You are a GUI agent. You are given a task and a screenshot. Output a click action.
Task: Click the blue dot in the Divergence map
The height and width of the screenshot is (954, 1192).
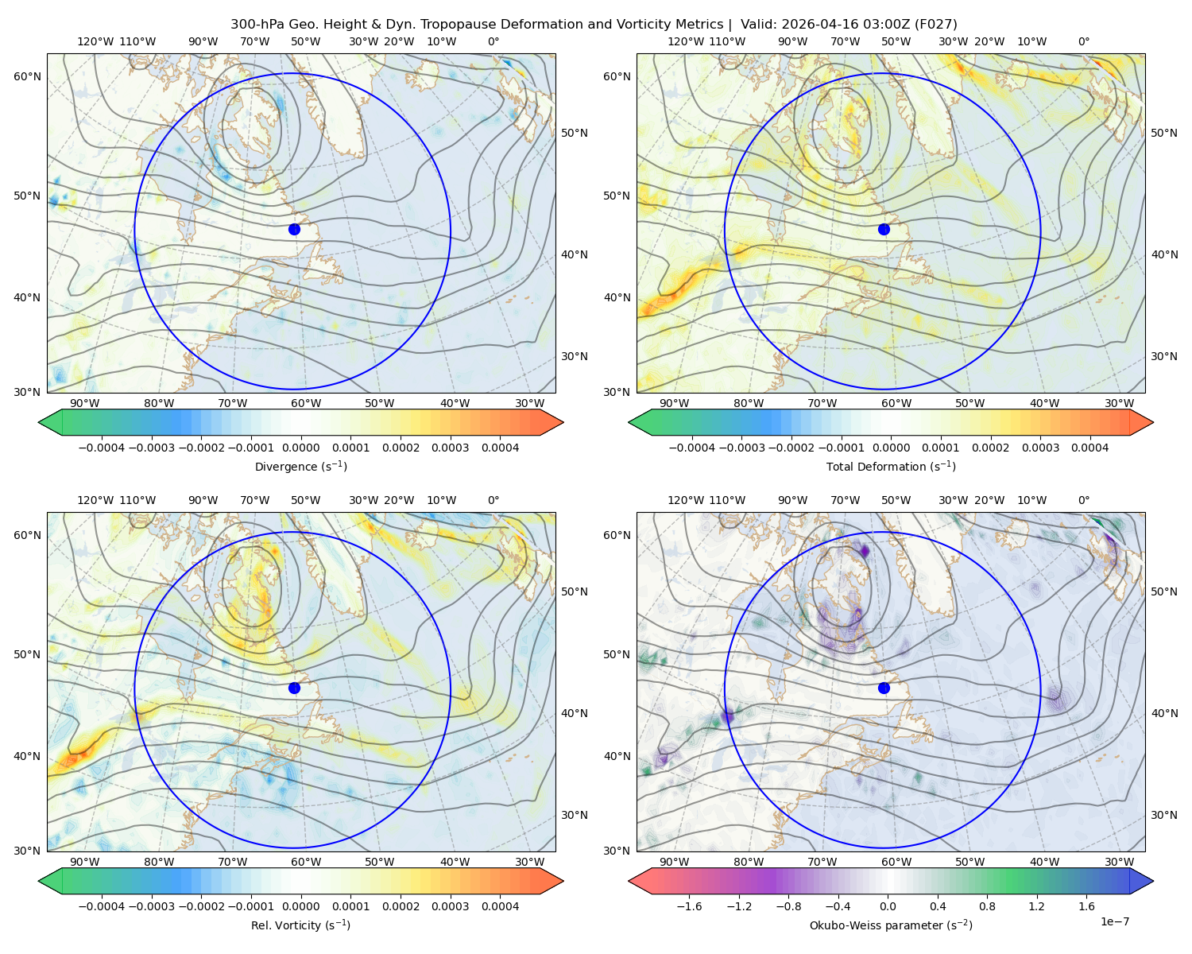click(294, 230)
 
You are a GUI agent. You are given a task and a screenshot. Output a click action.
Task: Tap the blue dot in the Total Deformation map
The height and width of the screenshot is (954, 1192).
click(884, 230)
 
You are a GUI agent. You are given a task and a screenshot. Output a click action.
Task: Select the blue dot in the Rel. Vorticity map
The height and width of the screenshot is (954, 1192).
click(294, 688)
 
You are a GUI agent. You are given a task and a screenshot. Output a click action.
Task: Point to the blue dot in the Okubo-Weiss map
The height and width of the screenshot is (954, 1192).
click(884, 688)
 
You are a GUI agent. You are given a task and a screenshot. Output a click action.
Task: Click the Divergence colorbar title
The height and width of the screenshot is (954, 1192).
click(300, 467)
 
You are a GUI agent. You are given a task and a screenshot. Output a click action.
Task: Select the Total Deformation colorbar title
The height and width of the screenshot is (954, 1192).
click(891, 467)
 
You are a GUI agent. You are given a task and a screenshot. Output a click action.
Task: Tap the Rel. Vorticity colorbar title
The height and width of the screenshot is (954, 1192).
click(300, 925)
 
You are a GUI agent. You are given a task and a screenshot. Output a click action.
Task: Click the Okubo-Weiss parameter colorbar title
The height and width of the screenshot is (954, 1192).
click(891, 925)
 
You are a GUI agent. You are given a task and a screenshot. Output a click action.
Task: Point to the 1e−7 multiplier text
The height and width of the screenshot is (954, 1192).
click(1114, 922)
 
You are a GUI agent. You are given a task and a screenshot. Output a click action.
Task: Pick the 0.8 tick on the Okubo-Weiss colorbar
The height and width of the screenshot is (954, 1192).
click(987, 906)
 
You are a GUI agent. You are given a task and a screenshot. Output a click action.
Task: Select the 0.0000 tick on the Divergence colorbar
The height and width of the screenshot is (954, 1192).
click(300, 448)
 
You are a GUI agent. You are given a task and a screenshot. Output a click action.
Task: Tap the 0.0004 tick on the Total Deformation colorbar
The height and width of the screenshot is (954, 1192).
click(1090, 448)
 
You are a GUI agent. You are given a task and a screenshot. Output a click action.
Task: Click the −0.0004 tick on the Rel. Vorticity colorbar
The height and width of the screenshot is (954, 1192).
click(102, 906)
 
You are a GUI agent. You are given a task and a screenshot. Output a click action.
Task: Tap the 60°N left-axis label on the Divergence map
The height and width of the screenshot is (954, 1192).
click(27, 76)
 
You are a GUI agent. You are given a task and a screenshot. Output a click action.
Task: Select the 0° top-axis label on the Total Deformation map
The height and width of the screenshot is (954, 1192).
click(1084, 41)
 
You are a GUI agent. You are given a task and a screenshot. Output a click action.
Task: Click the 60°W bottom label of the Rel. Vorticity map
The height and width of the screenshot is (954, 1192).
click(306, 862)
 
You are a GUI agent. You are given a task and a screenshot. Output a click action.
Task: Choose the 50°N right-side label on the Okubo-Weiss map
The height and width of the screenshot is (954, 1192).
click(1164, 591)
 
